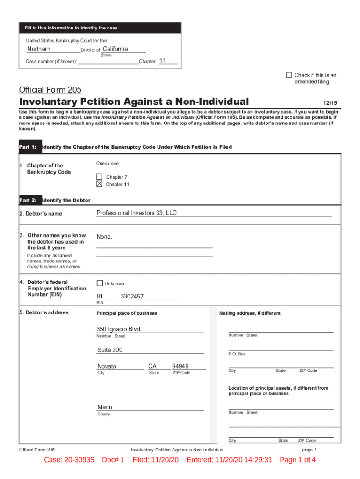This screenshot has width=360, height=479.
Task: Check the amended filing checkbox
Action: [289, 75]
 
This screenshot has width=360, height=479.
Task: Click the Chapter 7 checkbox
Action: [100, 177]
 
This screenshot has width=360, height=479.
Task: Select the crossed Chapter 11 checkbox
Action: [100, 184]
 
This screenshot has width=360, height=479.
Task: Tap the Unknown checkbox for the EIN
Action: [100, 283]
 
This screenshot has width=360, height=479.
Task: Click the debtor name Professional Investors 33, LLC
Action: [137, 213]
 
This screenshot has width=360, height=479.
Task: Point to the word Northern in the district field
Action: [39, 49]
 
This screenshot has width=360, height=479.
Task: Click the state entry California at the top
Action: [115, 49]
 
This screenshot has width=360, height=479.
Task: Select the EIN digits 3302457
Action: [132, 297]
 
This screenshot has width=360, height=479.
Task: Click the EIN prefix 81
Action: [100, 297]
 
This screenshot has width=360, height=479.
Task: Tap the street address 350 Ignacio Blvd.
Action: [119, 329]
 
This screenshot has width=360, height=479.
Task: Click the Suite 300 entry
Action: [110, 350]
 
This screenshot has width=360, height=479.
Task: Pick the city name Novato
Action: [107, 366]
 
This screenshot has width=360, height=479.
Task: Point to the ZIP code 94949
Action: [180, 366]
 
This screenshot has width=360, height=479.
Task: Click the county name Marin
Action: [105, 407]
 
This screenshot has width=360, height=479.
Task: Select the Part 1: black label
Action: [28, 147]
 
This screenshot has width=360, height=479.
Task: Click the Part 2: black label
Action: [28, 200]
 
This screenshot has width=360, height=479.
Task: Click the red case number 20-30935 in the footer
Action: [82, 460]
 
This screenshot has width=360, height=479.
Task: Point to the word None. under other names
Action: [104, 237]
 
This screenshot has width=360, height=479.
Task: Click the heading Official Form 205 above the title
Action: [50, 90]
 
